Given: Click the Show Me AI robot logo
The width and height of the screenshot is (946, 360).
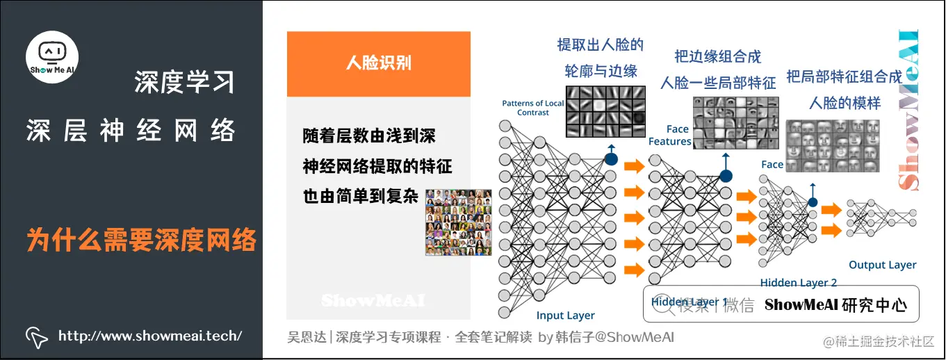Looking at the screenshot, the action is pos(52,53).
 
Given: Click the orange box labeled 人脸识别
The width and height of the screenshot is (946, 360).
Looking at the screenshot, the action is pos(379,63).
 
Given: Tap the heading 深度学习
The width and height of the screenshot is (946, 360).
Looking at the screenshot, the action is pos(184,83).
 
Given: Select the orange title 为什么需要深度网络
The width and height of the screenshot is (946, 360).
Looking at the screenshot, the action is pos(142,240).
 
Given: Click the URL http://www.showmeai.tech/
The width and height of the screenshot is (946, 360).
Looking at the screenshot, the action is pos(150,336).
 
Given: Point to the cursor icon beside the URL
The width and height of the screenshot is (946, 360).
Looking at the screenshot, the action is pos(36,336).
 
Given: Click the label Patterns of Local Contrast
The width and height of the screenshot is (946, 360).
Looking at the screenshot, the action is pos(533,108).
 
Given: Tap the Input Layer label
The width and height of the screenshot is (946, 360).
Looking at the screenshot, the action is pos(566,316).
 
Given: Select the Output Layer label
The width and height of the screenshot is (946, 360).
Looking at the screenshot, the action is pos(882,265).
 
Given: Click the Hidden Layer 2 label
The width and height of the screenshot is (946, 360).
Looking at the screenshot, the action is pos(798,283).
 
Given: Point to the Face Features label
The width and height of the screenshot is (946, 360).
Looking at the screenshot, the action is pos(670,135).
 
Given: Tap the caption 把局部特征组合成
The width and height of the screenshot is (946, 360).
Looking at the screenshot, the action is pos(844,76).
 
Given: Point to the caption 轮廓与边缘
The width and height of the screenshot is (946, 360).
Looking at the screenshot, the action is pos(601,71).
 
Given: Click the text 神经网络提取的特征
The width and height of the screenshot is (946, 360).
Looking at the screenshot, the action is pos(377,166).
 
